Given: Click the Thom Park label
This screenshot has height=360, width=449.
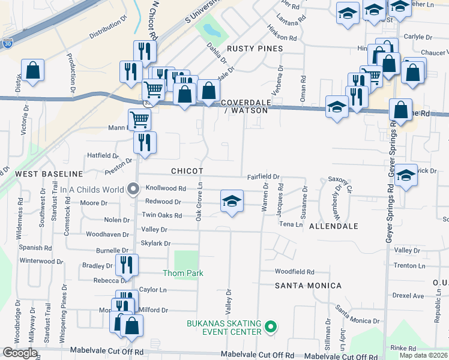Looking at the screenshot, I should pos(183,273).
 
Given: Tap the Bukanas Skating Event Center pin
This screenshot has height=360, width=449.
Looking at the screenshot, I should pos(271,327).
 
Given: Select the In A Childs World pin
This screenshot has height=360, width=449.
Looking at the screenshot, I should pos(134,190).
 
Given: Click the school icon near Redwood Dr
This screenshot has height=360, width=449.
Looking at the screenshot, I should pos(232,202).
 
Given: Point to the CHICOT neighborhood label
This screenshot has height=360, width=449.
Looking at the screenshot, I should pos(187,171).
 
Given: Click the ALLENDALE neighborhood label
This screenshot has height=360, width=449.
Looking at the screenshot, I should pos(334,226).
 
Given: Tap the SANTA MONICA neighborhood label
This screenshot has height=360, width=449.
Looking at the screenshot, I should pos(308,286).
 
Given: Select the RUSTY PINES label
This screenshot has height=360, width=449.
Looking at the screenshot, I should pos(254,48).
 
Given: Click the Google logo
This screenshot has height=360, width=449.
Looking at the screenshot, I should pos(20,352).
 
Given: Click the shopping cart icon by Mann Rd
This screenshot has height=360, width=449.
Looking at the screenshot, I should pos(139,119).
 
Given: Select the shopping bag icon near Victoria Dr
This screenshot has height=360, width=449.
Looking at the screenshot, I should pos(32,70).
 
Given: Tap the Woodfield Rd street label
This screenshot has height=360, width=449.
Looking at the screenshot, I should pos(294,272).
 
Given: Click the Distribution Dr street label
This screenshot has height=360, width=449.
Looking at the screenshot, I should pos(109,31).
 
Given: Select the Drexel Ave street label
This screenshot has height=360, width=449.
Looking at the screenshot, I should pos(408,296).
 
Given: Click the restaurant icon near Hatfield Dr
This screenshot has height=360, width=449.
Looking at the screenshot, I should pos(145,142).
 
